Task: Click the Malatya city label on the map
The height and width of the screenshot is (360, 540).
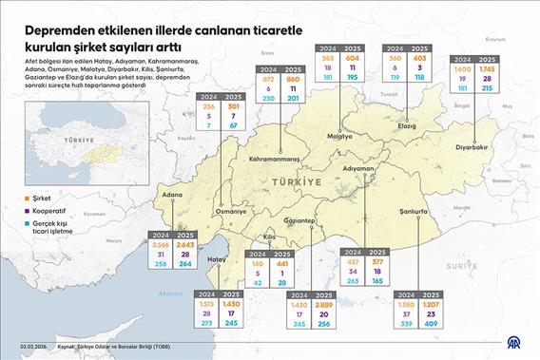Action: [x=339, y=137]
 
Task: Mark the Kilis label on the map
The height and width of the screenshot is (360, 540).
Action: [x=270, y=235]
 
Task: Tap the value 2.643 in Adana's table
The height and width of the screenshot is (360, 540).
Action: [x=185, y=244]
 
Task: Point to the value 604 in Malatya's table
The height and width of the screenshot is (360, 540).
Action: [x=353, y=59]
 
